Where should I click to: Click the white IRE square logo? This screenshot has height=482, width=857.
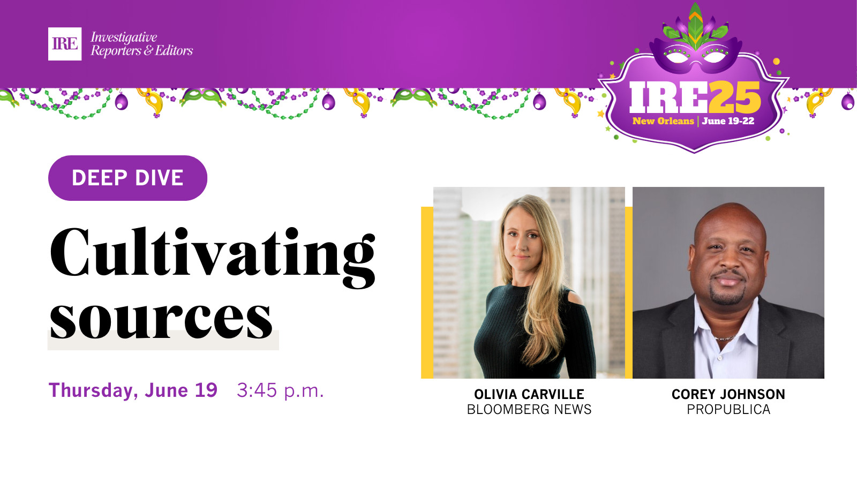coord(65,44)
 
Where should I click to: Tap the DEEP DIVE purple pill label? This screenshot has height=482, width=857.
coord(128,178)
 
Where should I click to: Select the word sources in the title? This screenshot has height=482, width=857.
coord(161,319)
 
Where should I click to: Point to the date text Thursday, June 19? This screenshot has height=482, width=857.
coord(133,390)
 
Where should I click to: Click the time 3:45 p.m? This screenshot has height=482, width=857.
coord(281,391)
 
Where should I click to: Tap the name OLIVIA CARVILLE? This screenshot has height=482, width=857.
coord(529,394)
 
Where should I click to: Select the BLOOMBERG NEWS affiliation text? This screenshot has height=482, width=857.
coord(529,409)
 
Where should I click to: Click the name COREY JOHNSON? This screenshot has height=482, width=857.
coord(728,394)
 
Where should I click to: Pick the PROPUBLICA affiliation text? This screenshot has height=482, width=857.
coord(728,409)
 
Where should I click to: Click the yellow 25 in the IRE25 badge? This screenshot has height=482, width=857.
coord(734,97)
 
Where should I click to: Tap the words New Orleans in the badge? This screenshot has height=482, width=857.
coord(663,121)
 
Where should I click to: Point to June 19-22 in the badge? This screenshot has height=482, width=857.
coord(728,121)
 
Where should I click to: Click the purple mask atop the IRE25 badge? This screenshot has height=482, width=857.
coord(696,56)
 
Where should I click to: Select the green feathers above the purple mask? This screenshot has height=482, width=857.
coord(696,27)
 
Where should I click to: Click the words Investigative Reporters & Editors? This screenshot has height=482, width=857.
coord(141,44)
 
